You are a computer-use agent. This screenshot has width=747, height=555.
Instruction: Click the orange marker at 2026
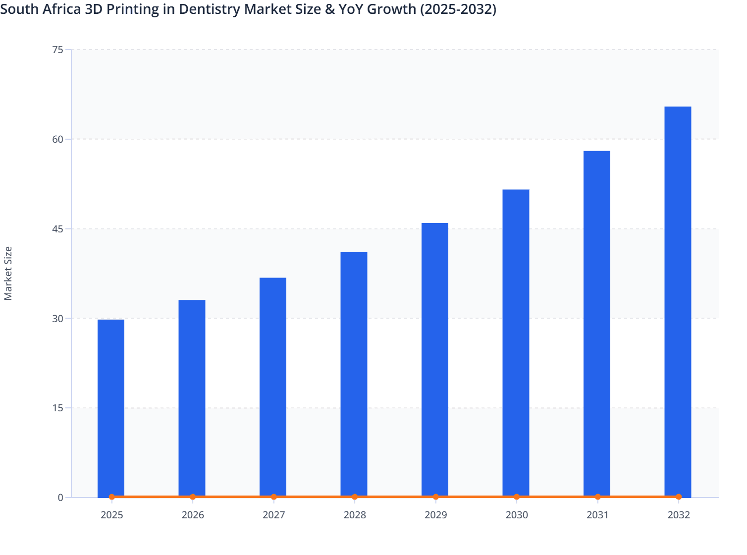[x=193, y=497]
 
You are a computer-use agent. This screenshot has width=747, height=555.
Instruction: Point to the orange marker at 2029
[x=435, y=497]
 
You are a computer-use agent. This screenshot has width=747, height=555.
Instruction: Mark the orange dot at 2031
[x=597, y=497]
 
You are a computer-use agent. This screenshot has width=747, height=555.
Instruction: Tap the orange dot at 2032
[x=678, y=497]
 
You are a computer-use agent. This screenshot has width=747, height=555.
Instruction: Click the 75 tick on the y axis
[x=57, y=50]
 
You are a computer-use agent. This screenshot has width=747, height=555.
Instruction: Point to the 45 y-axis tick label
[x=57, y=229]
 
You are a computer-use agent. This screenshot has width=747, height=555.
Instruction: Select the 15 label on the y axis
[x=57, y=408]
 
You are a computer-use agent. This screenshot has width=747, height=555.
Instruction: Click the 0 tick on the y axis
[x=60, y=498]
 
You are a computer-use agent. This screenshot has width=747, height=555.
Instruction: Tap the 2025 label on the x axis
[x=111, y=515]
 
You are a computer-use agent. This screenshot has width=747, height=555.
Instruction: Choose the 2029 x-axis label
[x=435, y=515]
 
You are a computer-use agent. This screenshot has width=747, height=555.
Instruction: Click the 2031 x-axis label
[x=597, y=515]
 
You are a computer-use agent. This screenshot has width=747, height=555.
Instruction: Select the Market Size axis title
[x=8, y=273]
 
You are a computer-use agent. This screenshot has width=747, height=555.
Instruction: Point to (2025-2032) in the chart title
[x=458, y=9]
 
